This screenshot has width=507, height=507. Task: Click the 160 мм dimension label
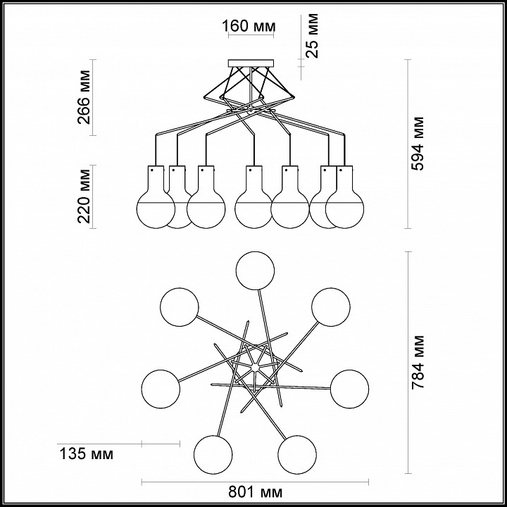[x=249, y=26]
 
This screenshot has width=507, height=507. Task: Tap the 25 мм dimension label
[x=312, y=36]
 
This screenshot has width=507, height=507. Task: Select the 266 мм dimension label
[x=84, y=97]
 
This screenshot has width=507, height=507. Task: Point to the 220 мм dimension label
[x=84, y=196]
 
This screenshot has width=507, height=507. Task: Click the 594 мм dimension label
[x=417, y=144]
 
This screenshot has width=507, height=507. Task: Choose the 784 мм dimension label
[x=417, y=362]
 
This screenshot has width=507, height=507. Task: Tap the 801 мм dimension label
[x=255, y=492]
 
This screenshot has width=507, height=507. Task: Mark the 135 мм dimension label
[x=87, y=454]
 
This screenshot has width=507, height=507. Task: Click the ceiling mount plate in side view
[x=251, y=63]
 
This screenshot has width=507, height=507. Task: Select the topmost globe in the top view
[x=255, y=270]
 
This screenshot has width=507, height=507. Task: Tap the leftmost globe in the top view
[x=161, y=389]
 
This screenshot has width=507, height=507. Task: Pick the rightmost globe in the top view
[x=349, y=389]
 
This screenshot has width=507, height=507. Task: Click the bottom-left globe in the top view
[x=213, y=455]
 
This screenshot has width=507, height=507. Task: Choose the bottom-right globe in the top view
[x=297, y=455]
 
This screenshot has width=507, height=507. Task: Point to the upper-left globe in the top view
[x=180, y=307]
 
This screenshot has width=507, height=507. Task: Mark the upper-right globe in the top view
[x=331, y=307]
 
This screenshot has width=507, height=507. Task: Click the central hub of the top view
[x=255, y=368]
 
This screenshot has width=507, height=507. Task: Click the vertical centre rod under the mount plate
[x=251, y=87]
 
